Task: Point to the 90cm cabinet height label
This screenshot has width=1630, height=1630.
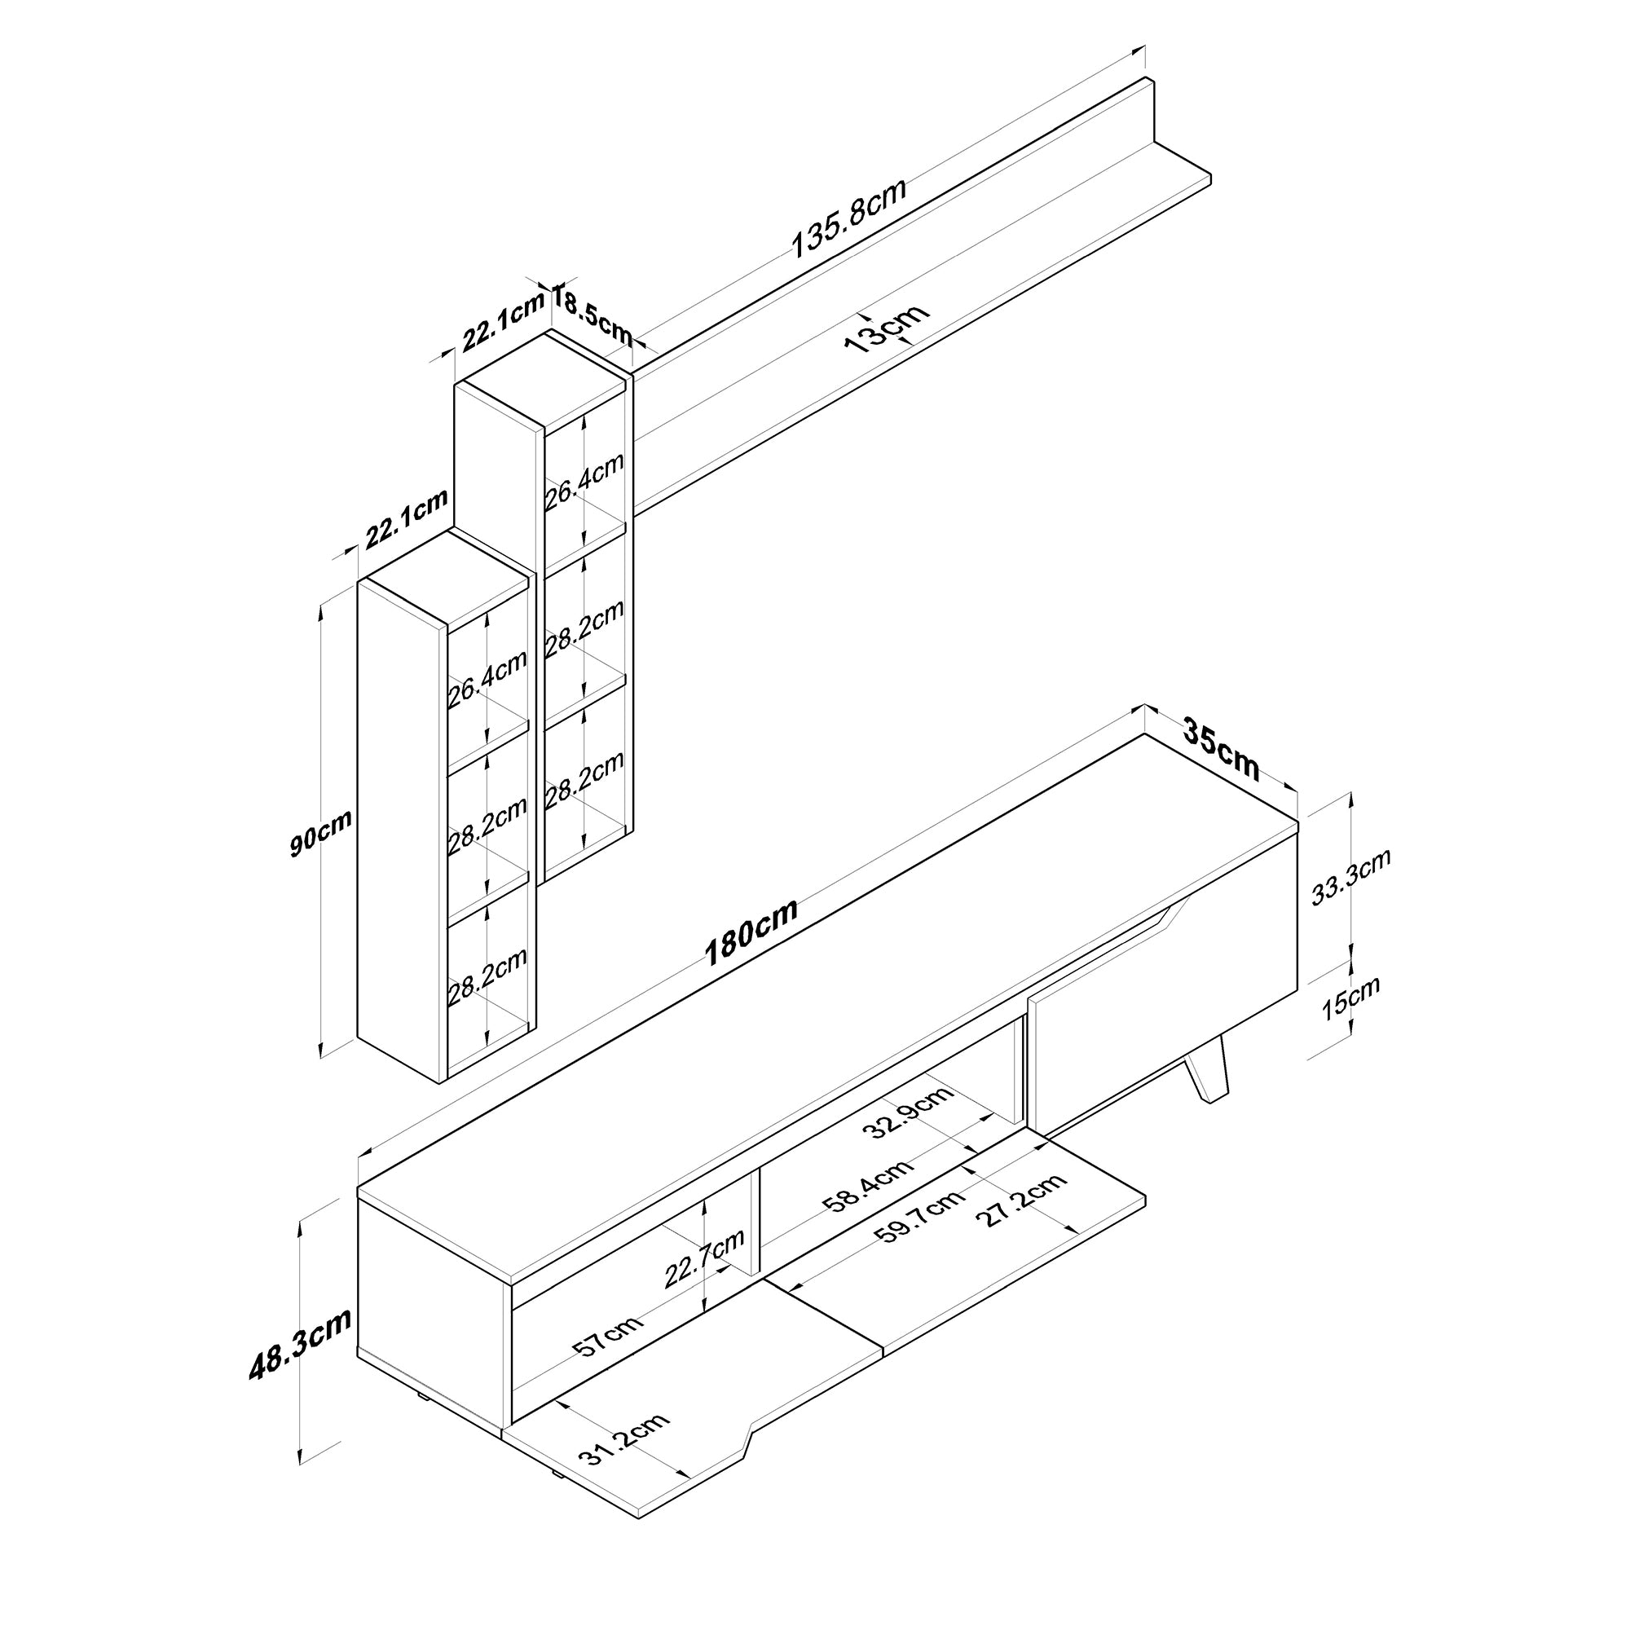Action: (x=320, y=832)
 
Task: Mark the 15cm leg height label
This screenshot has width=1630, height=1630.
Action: (x=1350, y=998)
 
